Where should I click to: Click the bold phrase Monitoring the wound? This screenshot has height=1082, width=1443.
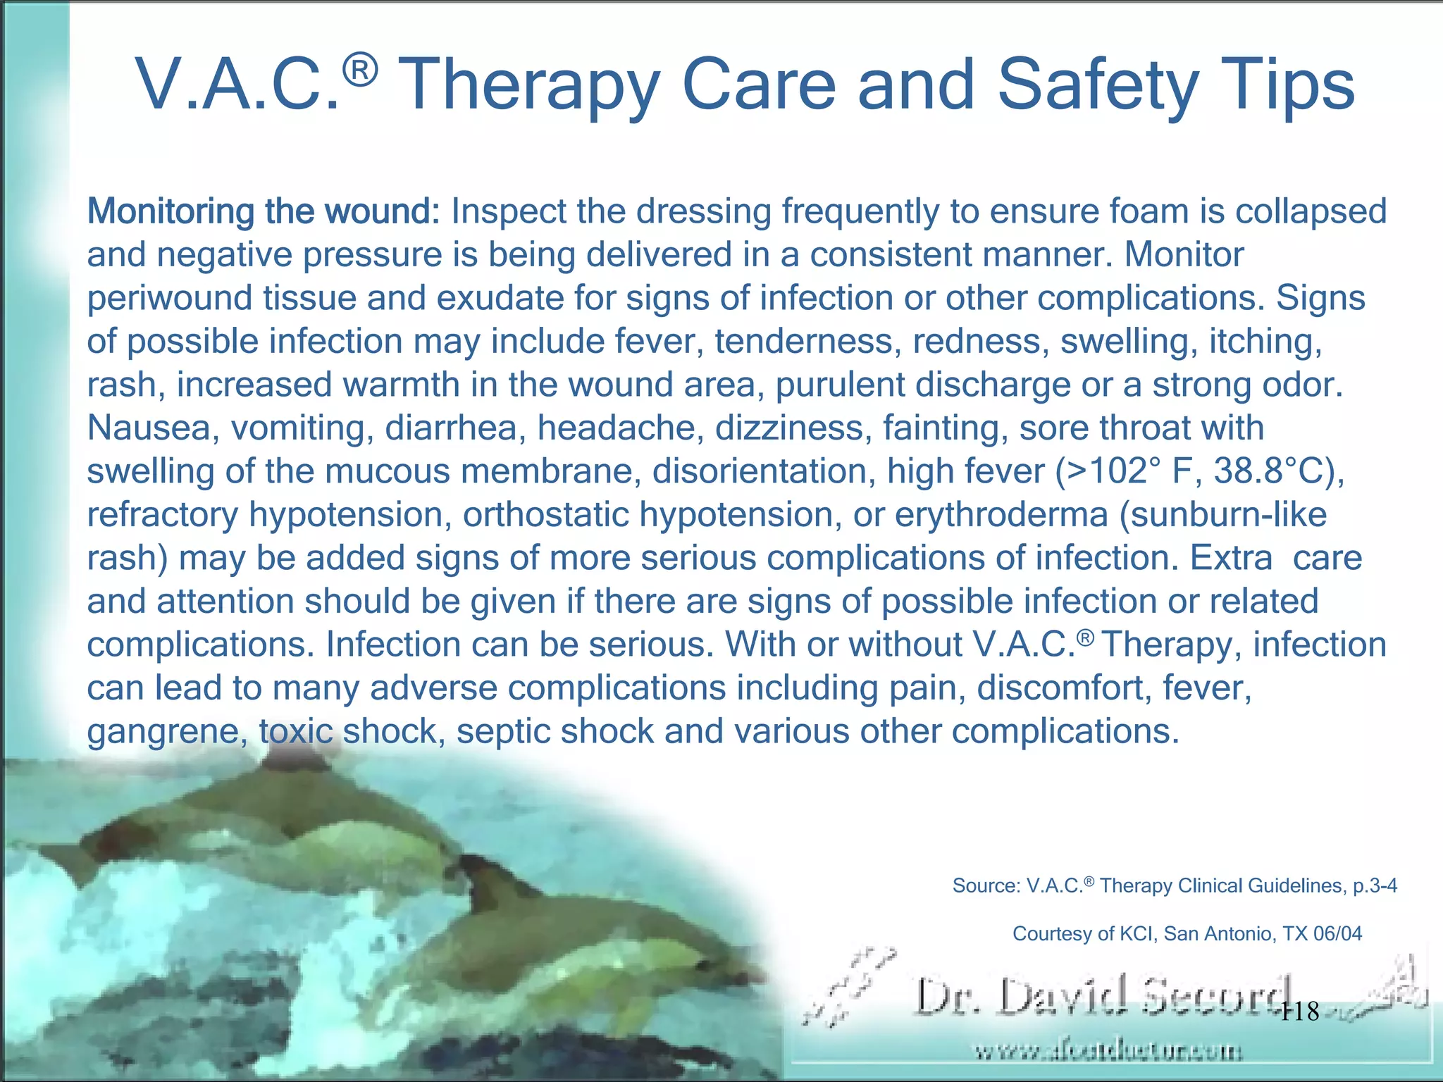click(264, 211)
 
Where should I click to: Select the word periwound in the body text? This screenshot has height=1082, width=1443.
click(170, 298)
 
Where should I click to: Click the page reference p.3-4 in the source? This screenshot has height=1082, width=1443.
click(1375, 885)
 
